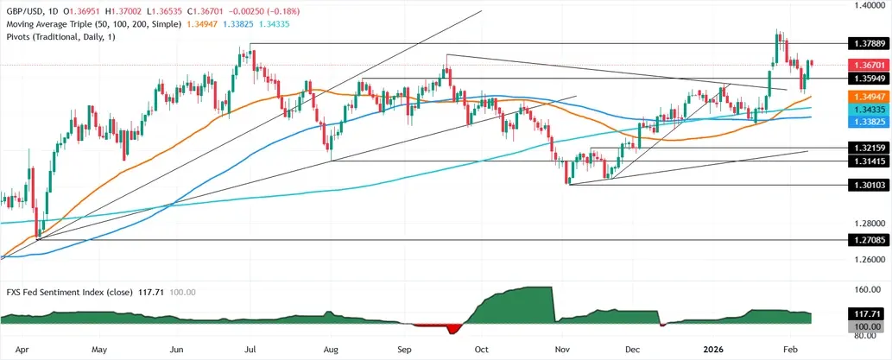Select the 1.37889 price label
864,42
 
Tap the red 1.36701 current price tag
864,65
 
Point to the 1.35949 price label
864,79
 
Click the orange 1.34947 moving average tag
864,98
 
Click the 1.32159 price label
864,149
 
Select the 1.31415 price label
864,161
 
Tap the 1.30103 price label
864,185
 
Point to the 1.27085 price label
864,241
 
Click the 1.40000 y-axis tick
864,5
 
